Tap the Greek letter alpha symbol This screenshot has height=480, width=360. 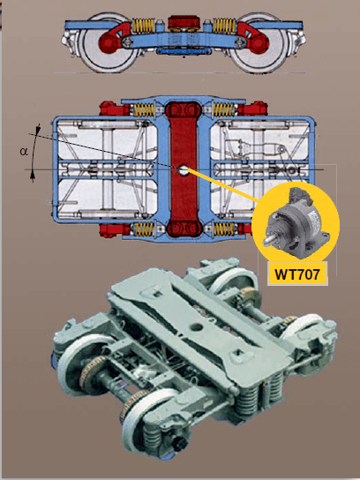click(x=24, y=151)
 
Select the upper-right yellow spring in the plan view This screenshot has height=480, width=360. click(x=227, y=110)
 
